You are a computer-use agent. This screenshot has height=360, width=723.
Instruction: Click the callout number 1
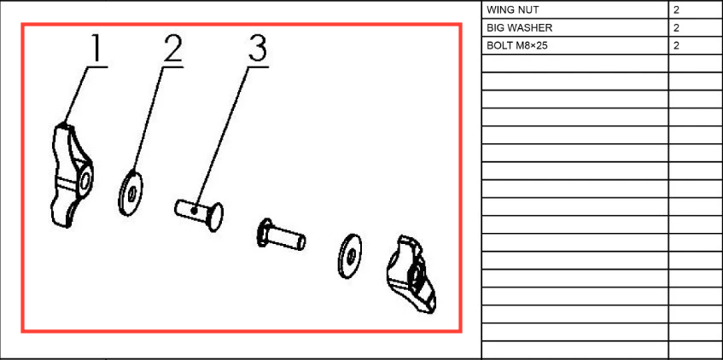(x=96, y=49)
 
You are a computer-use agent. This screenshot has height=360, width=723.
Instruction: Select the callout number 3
(x=257, y=49)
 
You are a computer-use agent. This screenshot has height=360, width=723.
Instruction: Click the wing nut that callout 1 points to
(x=71, y=175)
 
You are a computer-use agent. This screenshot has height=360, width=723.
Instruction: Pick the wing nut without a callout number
(x=411, y=274)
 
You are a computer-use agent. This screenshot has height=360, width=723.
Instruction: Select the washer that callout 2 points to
(x=131, y=193)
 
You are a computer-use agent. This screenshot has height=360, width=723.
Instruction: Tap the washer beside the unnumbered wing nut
(x=349, y=256)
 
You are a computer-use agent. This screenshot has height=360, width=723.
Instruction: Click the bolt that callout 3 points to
(x=199, y=214)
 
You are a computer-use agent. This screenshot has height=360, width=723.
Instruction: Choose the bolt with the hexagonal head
(x=280, y=235)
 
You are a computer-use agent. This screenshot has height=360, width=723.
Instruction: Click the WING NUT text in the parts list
(x=512, y=9)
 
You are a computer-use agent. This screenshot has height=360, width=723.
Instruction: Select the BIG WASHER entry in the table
(x=519, y=27)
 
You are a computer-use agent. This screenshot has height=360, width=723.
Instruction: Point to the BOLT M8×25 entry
(x=517, y=45)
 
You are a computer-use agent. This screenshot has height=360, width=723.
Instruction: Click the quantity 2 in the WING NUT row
(x=676, y=9)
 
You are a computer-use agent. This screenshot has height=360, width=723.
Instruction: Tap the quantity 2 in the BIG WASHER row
(x=676, y=27)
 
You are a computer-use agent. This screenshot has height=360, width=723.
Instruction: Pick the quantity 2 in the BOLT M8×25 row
(x=676, y=45)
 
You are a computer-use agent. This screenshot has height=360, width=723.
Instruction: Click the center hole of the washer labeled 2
(x=131, y=193)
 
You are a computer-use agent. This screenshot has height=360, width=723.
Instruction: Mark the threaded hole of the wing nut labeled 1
(x=85, y=180)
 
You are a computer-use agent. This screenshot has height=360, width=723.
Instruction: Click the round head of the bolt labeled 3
(x=215, y=217)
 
